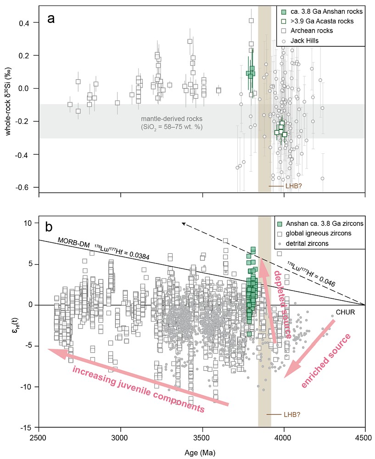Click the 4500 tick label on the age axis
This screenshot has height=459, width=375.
pos(365,437)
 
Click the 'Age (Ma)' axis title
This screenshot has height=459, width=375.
pos(201,452)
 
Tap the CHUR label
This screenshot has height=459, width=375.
pos(343,313)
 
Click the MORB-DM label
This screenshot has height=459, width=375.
pos(73,241)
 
